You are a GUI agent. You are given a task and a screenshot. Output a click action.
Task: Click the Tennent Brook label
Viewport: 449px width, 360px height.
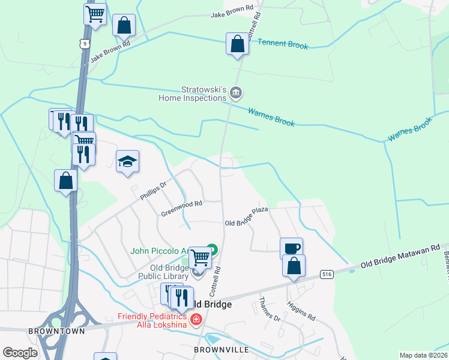coord(283,44)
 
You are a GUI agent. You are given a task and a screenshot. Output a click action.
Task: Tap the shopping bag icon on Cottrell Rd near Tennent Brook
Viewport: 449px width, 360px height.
coord(237,44)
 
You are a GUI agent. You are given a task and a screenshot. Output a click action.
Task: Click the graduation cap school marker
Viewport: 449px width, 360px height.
coord(127,161)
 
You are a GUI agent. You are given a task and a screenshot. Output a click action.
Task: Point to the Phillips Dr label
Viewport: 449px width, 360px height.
coord(152,190)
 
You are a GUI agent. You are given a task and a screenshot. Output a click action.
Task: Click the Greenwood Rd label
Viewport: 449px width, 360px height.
coord(182,208)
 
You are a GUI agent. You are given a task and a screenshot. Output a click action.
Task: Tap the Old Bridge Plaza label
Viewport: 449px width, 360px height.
coord(246,216)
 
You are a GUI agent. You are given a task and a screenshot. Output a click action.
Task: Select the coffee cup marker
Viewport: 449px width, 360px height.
coord(291,248)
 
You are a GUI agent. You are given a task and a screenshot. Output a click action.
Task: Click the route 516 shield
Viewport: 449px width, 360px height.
coord(327,274)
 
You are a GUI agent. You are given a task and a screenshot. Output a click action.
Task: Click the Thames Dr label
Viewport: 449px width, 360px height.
coord(270,308)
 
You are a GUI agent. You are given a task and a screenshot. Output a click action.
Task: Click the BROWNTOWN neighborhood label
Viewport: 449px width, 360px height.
coord(56,331)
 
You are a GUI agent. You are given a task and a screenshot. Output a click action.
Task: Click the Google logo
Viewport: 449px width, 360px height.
coord(20,353)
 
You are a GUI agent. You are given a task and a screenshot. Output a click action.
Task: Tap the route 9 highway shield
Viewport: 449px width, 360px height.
coord(86,43)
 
